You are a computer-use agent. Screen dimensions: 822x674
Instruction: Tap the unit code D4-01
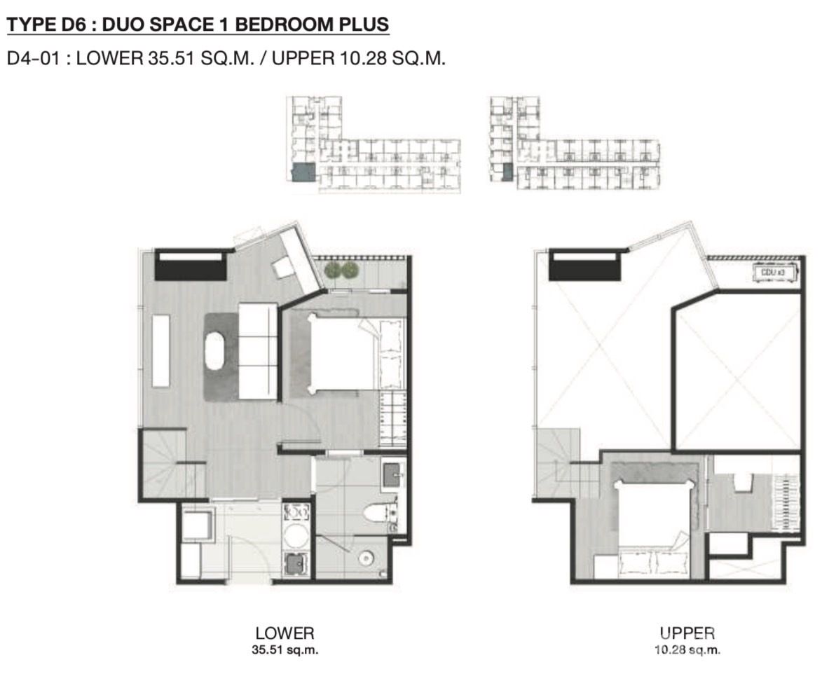[32, 58]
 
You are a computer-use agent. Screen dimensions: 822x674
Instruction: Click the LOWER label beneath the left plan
[285, 633]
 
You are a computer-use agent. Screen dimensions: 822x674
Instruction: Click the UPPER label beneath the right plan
[687, 633]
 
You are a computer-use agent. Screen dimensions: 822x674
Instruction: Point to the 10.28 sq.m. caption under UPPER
[687, 650]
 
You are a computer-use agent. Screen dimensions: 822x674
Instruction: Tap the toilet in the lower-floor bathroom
[379, 513]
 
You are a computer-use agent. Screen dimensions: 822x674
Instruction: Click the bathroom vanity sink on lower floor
[392, 475]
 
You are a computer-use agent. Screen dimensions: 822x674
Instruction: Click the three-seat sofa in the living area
[258, 351]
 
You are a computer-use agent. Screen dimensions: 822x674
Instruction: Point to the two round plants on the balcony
[341, 270]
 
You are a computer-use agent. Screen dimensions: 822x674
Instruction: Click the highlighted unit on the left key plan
[303, 172]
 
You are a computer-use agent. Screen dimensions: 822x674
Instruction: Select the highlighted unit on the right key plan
[507, 172]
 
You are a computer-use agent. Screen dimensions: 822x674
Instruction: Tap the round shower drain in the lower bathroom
[365, 558]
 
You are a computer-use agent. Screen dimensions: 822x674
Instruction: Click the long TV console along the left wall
[161, 350]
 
